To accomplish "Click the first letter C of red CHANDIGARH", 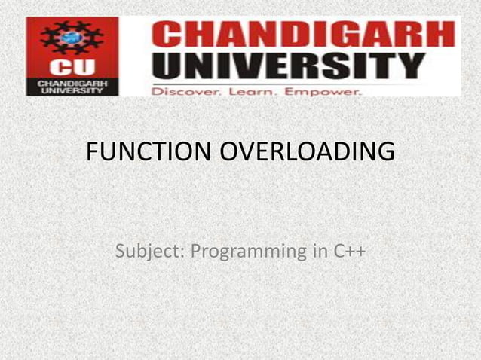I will click(x=167, y=35).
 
